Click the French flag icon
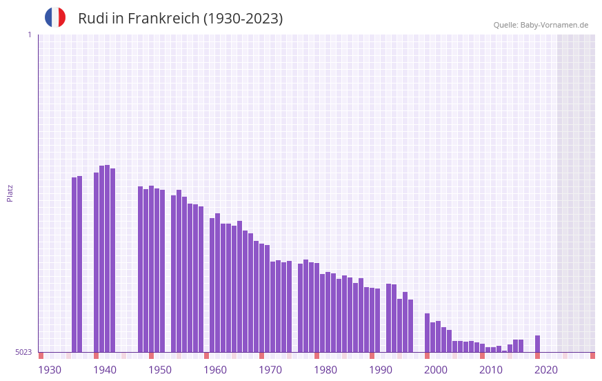[55, 18]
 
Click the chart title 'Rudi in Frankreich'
[180, 19]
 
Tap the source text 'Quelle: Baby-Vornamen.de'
[541, 25]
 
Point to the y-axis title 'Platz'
[10, 193]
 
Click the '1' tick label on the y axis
[29, 35]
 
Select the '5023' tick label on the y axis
[23, 352]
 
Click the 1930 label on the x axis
[50, 370]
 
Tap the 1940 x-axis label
[105, 370]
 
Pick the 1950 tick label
[160, 370]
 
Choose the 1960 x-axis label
[215, 370]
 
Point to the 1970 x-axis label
[270, 370]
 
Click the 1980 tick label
[325, 370]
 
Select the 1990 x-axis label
[381, 370]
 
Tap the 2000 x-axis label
[436, 370]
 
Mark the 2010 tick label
[491, 370]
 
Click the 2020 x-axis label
[546, 370]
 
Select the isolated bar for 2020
[537, 344]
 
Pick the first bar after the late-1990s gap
[427, 333]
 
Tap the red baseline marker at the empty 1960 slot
[206, 355]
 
